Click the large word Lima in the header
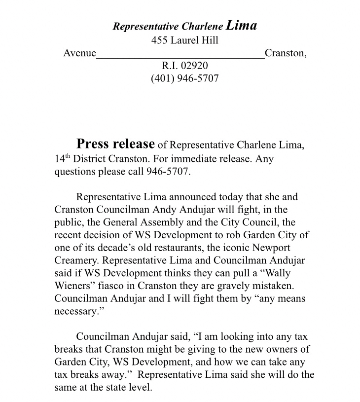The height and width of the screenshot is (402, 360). point(242,25)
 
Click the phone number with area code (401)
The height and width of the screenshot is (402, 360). point(185,78)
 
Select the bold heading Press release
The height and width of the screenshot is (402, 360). point(115,144)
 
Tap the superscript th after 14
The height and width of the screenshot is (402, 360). point(67,157)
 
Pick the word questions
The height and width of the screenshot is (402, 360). point(74,172)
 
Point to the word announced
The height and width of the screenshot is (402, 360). point(181,197)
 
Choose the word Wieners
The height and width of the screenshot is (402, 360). point(74,286)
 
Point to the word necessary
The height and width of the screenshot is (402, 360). point(75,312)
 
